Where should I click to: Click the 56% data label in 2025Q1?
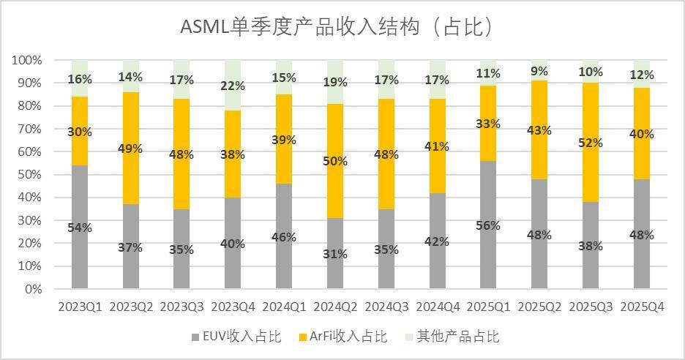488,225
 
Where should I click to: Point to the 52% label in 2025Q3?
590,143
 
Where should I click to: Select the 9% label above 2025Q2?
539,72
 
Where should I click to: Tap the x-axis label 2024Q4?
438,307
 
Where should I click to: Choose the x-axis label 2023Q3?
181,307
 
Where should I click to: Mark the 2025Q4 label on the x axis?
642,307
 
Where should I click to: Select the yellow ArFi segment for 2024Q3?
386,176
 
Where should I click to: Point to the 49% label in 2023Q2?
130,149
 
